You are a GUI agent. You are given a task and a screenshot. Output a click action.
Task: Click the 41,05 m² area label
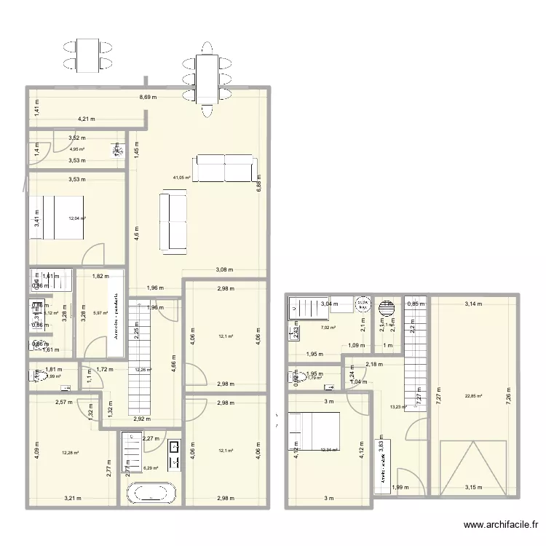[x=181, y=178]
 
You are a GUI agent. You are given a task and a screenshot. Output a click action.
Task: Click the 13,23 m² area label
[x=398, y=408]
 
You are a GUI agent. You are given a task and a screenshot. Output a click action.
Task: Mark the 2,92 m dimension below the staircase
[x=141, y=419]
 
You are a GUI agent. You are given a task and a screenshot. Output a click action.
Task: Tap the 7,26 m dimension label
[x=509, y=397]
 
